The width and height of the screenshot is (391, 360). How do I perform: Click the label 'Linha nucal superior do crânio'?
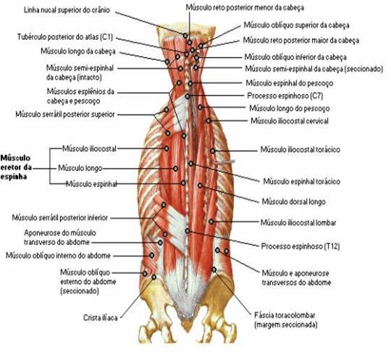pos(67,10)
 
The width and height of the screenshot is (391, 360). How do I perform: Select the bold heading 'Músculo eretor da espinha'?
pos(16,167)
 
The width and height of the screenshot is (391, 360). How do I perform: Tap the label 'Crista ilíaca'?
pos(100,318)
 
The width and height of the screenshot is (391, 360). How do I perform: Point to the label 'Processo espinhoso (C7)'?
pos(285,96)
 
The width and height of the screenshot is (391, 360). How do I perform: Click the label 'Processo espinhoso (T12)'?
pos(300,246)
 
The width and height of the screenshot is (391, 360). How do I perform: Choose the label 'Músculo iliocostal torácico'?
pos(300,150)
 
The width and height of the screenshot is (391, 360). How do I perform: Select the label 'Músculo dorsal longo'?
pos(293,201)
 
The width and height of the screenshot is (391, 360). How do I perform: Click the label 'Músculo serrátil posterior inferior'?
pos(60,218)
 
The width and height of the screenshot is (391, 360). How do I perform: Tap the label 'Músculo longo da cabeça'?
pos(78,51)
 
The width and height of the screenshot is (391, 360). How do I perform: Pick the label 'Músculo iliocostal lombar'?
pos(298,222)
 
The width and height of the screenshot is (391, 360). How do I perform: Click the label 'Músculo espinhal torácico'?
pos(302,181)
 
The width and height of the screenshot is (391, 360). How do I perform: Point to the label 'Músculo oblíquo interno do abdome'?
pos(58,256)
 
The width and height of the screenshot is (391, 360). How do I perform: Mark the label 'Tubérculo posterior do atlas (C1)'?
pos(65,37)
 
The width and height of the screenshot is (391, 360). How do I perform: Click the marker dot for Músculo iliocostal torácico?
pos(212,151)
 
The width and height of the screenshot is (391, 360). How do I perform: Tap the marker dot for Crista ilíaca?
pos(154,277)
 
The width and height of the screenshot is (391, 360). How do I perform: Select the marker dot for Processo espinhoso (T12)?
pos(188,231)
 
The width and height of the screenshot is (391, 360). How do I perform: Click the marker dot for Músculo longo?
pos(175,169)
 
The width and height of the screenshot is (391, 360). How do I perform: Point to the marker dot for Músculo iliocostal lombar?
pos(211,222)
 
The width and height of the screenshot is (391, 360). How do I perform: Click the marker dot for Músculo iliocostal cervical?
pos(209,121)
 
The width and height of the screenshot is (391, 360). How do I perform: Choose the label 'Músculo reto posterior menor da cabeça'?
pos(245,8)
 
